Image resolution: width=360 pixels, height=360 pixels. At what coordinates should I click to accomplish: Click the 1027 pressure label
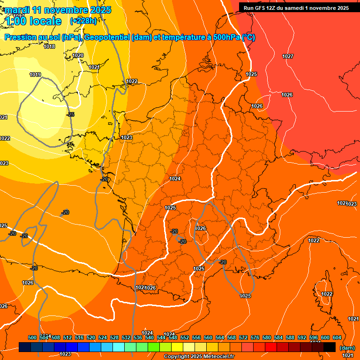coord(288,56)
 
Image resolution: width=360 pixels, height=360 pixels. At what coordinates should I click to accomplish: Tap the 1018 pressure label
coord(49,46)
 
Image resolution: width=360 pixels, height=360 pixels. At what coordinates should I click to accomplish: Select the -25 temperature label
coord(70,114)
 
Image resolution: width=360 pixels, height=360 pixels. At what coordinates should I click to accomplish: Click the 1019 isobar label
coord(35,75)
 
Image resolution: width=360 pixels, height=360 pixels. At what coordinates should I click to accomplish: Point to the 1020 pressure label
coord(78,55)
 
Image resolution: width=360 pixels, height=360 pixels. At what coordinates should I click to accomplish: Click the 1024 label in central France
coord(175,179)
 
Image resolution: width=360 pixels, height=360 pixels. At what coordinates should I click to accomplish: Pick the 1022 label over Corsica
coord(327,294)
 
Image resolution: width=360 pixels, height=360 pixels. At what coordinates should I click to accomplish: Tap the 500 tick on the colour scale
coord(32,337)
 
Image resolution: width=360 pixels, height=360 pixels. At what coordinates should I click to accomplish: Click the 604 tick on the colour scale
coord(337,337)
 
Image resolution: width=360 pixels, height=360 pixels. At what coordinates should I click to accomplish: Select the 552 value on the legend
coord(185,337)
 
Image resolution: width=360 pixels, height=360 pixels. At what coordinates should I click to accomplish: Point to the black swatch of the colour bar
coord(330,347)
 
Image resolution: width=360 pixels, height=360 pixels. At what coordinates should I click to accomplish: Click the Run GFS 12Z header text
coord(296,8)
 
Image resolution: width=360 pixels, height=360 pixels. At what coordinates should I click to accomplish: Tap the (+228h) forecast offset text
coord(83,21)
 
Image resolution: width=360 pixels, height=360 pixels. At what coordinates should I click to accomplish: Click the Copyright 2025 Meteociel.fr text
coord(199,357)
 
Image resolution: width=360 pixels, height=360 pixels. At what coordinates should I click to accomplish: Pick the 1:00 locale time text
coord(34,21)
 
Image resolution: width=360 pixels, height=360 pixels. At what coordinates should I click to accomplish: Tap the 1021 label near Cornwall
coord(94,67)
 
